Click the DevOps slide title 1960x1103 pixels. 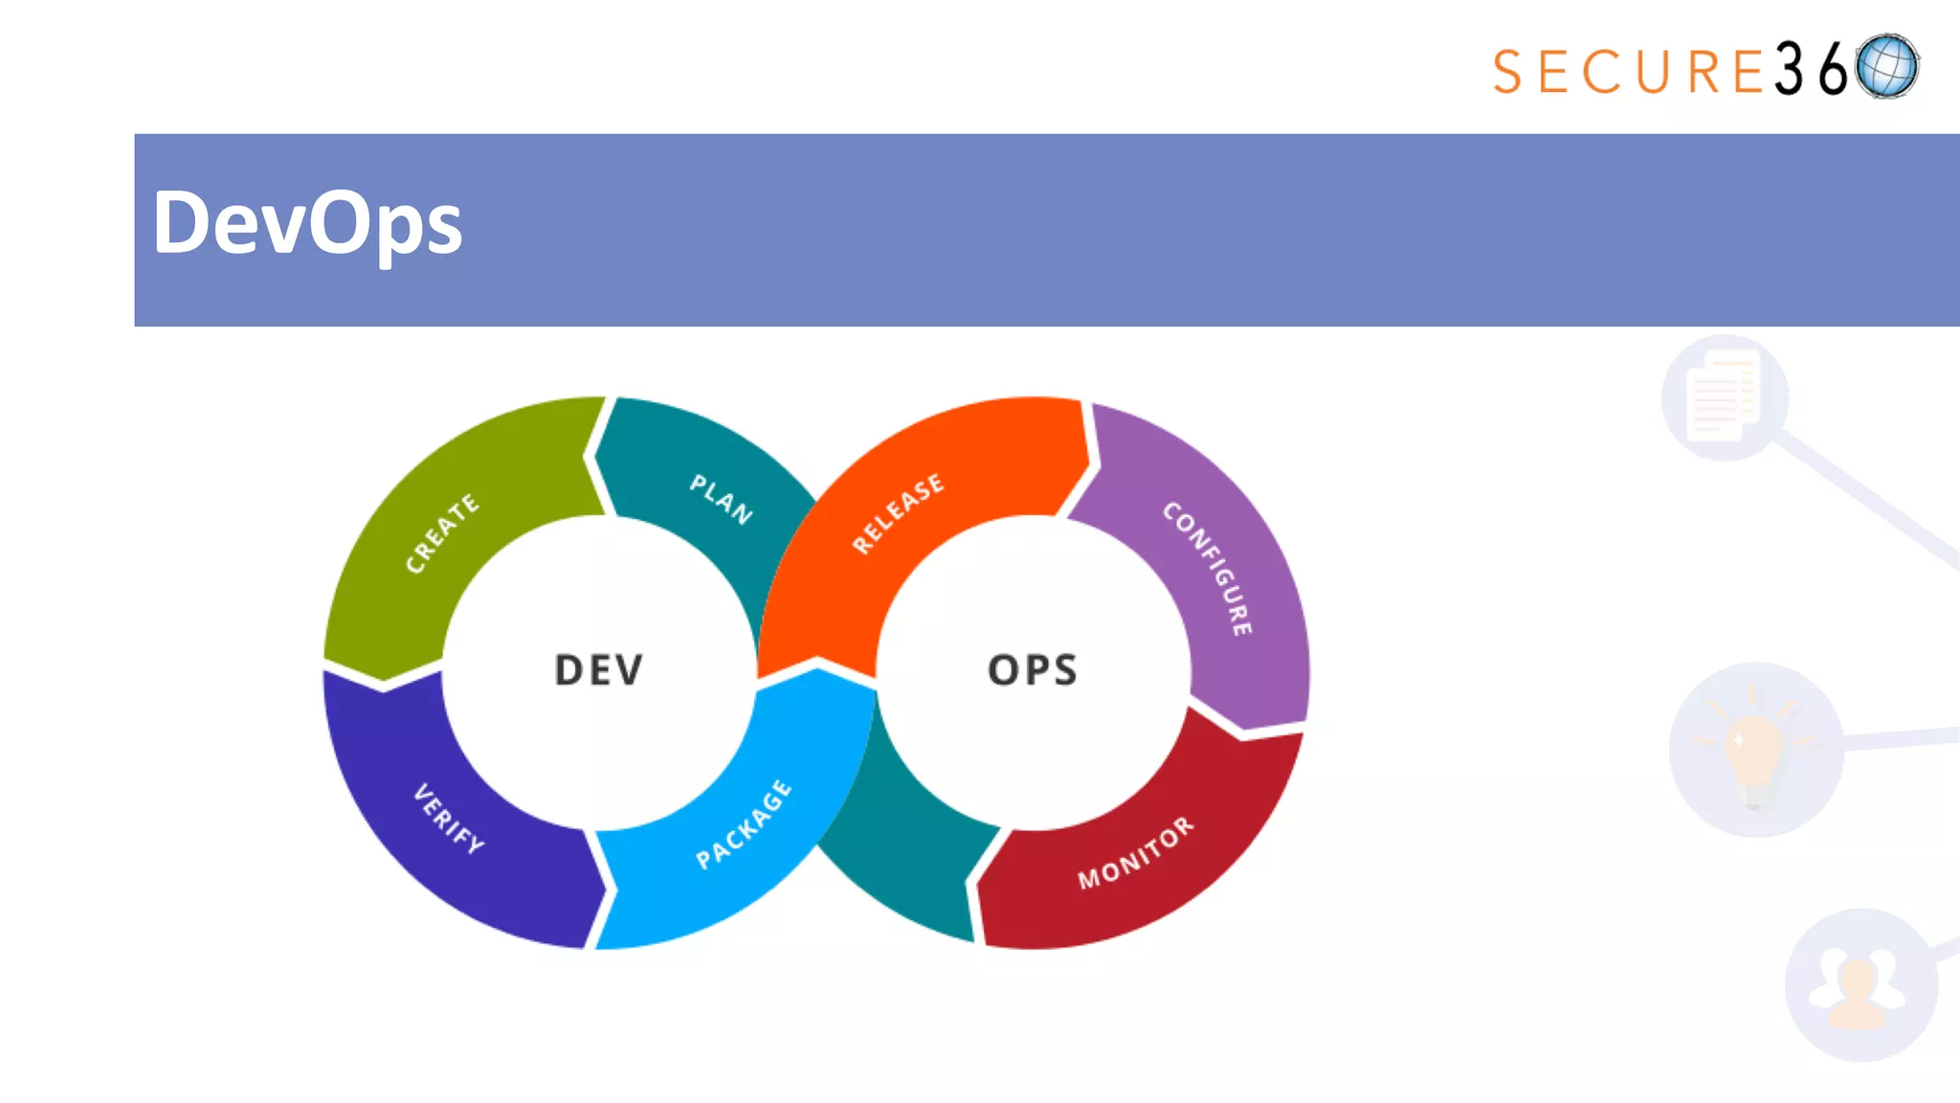(307, 223)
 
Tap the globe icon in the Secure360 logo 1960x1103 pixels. (1887, 66)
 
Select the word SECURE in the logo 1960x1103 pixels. (1628, 72)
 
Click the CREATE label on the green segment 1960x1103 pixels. (441, 533)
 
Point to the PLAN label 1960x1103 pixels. (721, 498)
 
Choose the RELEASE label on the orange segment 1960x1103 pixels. (898, 513)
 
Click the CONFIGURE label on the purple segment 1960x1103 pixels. (1208, 568)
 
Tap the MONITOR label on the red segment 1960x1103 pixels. (1136, 852)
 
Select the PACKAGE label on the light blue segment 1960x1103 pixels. (744, 824)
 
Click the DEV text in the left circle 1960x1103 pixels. (599, 670)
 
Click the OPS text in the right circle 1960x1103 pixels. (1033, 670)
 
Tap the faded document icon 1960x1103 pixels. (1724, 396)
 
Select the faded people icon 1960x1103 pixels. (1859, 986)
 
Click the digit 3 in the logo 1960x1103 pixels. (1790, 69)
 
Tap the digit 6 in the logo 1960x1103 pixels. (1833, 69)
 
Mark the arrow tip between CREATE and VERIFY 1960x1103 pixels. (384, 682)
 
